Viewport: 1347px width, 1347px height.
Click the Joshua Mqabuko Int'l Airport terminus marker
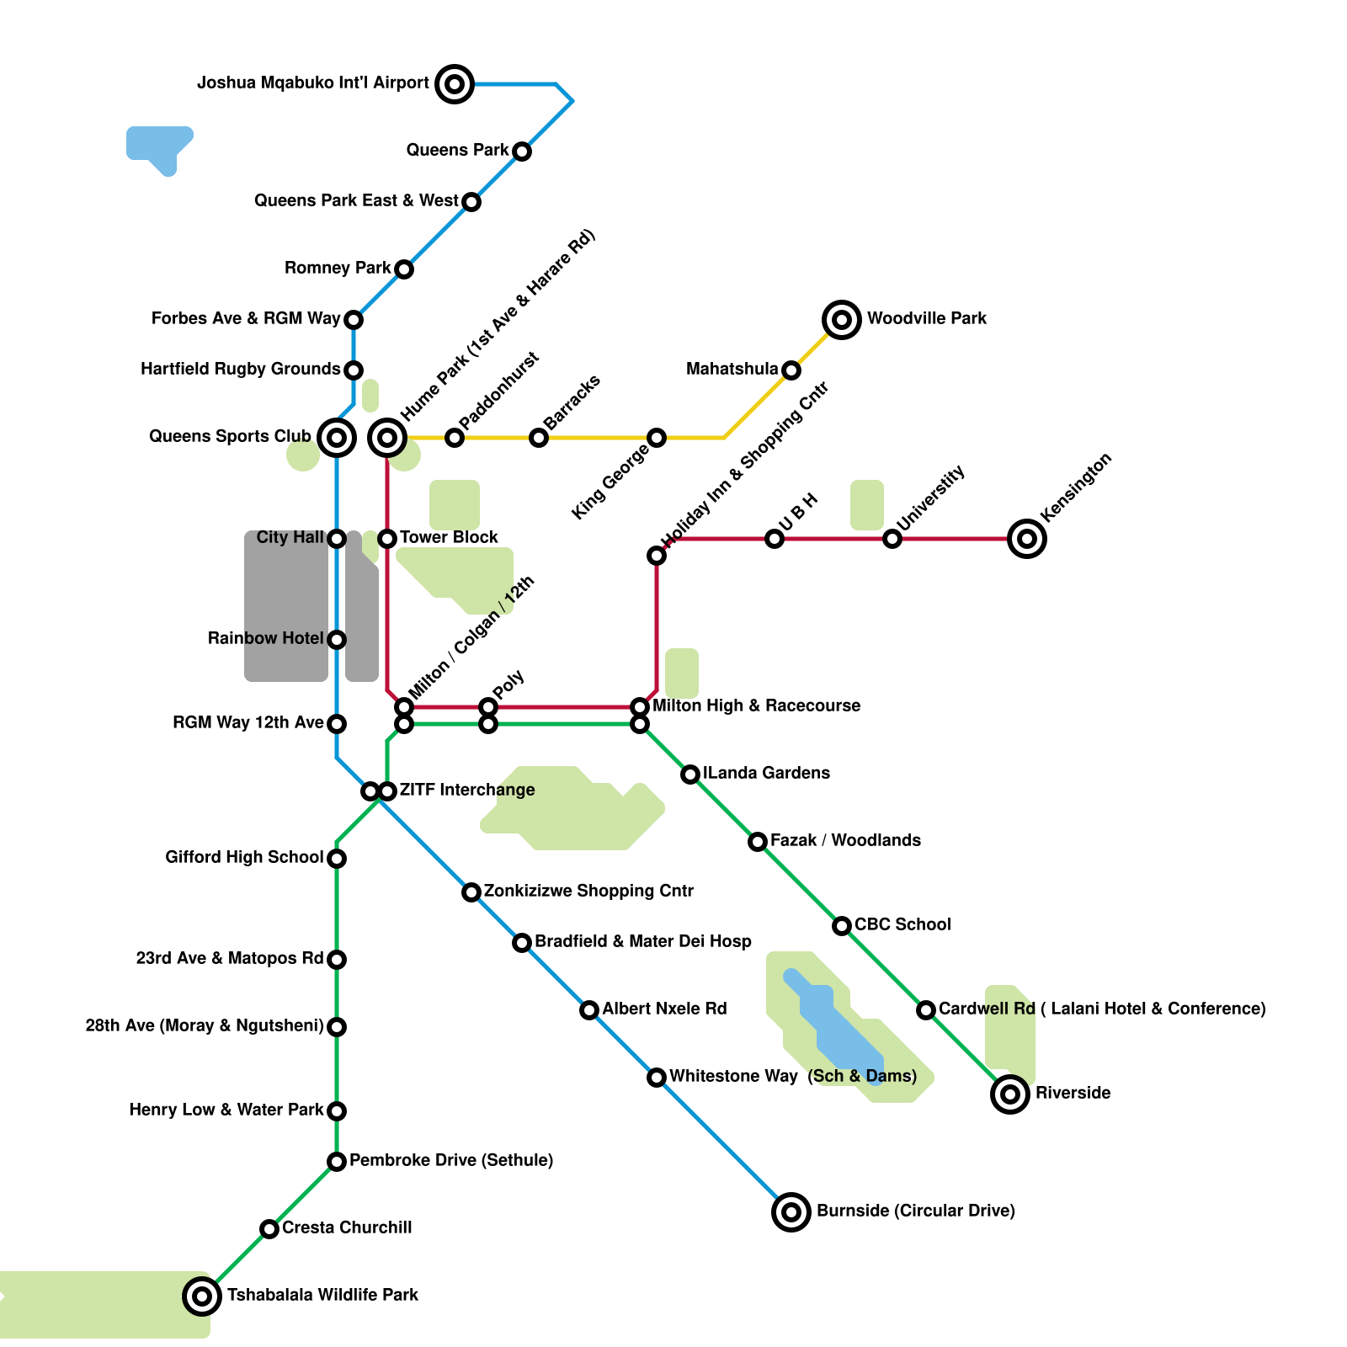pos(455,84)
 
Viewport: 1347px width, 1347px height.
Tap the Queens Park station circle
pos(522,152)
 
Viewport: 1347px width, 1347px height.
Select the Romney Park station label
pos(338,268)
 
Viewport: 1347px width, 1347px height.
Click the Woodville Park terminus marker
pos(842,320)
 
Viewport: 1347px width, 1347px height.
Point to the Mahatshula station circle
pos(791,370)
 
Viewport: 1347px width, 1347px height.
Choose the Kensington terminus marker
pos(1027,539)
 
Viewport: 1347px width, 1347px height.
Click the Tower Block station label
pos(449,537)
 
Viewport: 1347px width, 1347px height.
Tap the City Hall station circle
pos(337,539)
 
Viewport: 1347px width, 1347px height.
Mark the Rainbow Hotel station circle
pos(337,640)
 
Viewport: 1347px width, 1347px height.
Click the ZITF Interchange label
pos(467,790)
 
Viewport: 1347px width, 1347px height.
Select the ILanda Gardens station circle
pos(690,775)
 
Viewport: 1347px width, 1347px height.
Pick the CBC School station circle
pos(842,926)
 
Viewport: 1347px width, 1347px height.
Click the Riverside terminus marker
pos(1010,1094)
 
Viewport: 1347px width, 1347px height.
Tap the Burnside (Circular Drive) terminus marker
pos(791,1212)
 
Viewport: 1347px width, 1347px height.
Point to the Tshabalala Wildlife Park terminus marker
pos(202,1296)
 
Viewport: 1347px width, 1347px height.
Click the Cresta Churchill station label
pos(347,1227)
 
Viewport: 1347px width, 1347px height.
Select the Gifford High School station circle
pos(337,859)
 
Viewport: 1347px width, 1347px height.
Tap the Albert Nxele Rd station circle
pos(589,1010)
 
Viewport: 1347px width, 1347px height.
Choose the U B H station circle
pos(775,539)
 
